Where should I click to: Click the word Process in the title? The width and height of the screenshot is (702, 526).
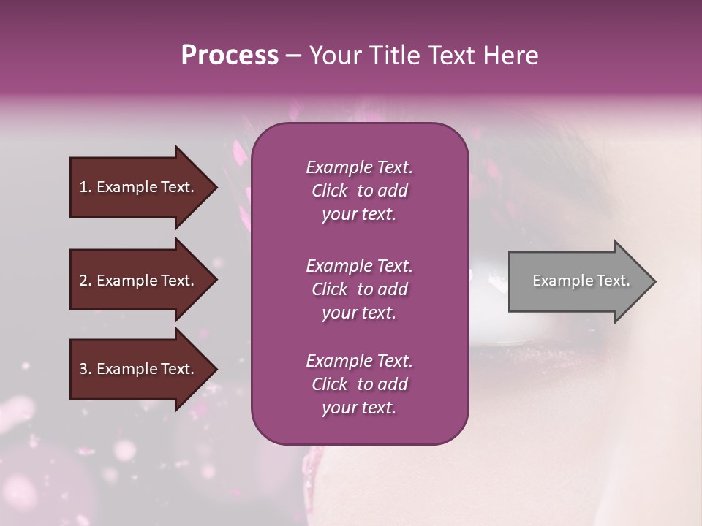coord(230,55)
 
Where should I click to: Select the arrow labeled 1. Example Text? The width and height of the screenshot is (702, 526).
coord(139,187)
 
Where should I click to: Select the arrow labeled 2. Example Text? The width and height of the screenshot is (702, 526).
coord(139,281)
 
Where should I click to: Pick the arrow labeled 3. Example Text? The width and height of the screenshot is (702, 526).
coord(139,369)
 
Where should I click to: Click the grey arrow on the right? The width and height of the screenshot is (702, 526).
coord(578,281)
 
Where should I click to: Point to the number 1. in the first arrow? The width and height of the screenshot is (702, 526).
coord(86,187)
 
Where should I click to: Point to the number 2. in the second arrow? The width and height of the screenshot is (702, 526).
coord(86,281)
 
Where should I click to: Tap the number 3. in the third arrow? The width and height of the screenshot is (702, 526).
coord(86,369)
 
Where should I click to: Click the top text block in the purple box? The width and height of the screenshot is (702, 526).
coord(359,191)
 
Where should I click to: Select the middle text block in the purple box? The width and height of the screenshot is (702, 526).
coord(359,289)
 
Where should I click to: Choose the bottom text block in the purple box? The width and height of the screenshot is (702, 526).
coord(359,384)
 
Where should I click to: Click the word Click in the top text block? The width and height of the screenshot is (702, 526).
coord(329,191)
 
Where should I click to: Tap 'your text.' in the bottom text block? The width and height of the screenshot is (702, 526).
coord(359,408)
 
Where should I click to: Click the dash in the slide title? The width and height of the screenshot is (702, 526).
coord(293,56)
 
